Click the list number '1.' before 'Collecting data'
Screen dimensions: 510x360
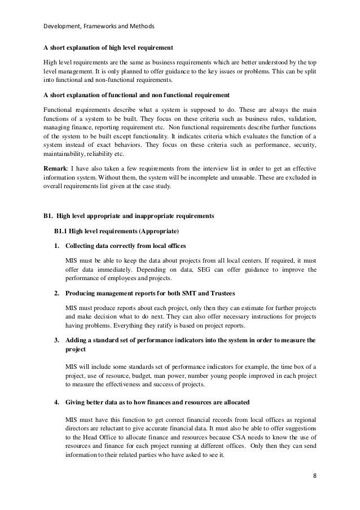tap(57, 246)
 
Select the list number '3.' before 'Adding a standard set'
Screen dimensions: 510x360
tap(57, 341)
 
